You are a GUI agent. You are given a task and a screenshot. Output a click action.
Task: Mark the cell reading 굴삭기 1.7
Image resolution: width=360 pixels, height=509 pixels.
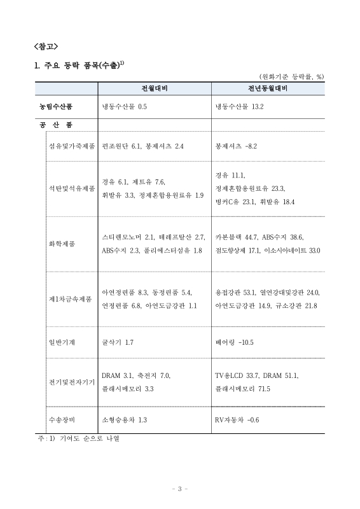(x=118, y=342)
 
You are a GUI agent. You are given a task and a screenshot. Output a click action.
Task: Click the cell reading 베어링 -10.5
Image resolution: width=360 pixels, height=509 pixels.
(x=235, y=342)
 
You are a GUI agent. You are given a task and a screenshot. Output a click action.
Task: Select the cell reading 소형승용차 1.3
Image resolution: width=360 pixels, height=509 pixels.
(x=125, y=420)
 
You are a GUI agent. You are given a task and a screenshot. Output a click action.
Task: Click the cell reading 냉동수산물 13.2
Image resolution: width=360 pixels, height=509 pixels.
(x=239, y=106)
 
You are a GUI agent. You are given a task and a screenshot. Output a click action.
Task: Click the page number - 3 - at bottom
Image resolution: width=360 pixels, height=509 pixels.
(x=180, y=489)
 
